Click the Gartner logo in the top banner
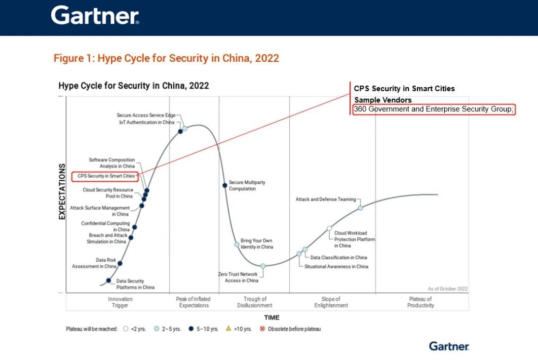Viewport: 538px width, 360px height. coord(95,15)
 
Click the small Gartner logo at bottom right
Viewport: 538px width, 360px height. coord(449,346)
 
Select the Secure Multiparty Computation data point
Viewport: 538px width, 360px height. coord(225,185)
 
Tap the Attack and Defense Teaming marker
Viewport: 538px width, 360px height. coord(360,208)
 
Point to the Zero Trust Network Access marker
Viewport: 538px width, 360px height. coord(263,266)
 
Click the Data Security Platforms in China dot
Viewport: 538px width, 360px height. coord(108,281)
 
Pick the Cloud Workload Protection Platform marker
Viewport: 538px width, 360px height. coord(329,228)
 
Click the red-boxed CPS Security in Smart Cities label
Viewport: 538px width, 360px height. coord(105,176)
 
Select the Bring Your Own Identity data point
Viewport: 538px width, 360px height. coord(237,245)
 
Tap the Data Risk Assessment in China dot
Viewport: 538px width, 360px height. coord(120,263)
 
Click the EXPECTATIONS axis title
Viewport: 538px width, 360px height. coord(62,191)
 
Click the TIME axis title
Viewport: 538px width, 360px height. coord(272,317)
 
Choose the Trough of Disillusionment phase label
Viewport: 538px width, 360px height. coord(255,302)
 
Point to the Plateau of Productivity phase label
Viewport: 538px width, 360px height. coord(420,302)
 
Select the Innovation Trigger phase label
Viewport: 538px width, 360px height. coord(120,302)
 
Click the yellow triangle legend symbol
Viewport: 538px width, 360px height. coord(228,328)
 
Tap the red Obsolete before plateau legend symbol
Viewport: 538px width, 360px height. coord(262,329)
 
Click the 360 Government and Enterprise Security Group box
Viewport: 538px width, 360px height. coord(434,109)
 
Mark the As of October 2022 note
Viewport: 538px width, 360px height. coord(447,289)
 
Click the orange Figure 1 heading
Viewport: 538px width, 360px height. coord(166,58)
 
